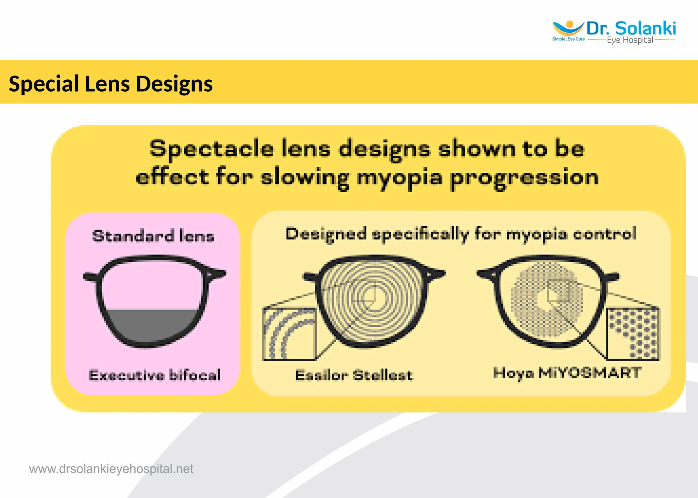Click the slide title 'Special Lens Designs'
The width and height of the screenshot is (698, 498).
[111, 84]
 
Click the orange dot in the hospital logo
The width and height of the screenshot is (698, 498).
[569, 24]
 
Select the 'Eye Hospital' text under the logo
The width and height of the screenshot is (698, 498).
[630, 40]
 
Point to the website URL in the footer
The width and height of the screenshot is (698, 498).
[111, 469]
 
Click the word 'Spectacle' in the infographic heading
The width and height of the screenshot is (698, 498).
[212, 149]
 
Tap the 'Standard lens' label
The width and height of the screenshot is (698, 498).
[153, 236]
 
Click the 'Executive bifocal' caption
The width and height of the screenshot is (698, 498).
[154, 375]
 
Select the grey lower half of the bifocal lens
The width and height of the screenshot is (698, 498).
[152, 325]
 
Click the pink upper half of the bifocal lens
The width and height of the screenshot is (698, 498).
[152, 286]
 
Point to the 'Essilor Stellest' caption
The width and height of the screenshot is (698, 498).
[354, 375]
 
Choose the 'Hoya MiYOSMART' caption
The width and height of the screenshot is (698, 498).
[567, 373]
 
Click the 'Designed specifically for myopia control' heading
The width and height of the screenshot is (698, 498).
[461, 234]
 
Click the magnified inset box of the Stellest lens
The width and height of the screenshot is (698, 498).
[289, 334]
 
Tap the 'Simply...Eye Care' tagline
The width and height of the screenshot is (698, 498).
[568, 39]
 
